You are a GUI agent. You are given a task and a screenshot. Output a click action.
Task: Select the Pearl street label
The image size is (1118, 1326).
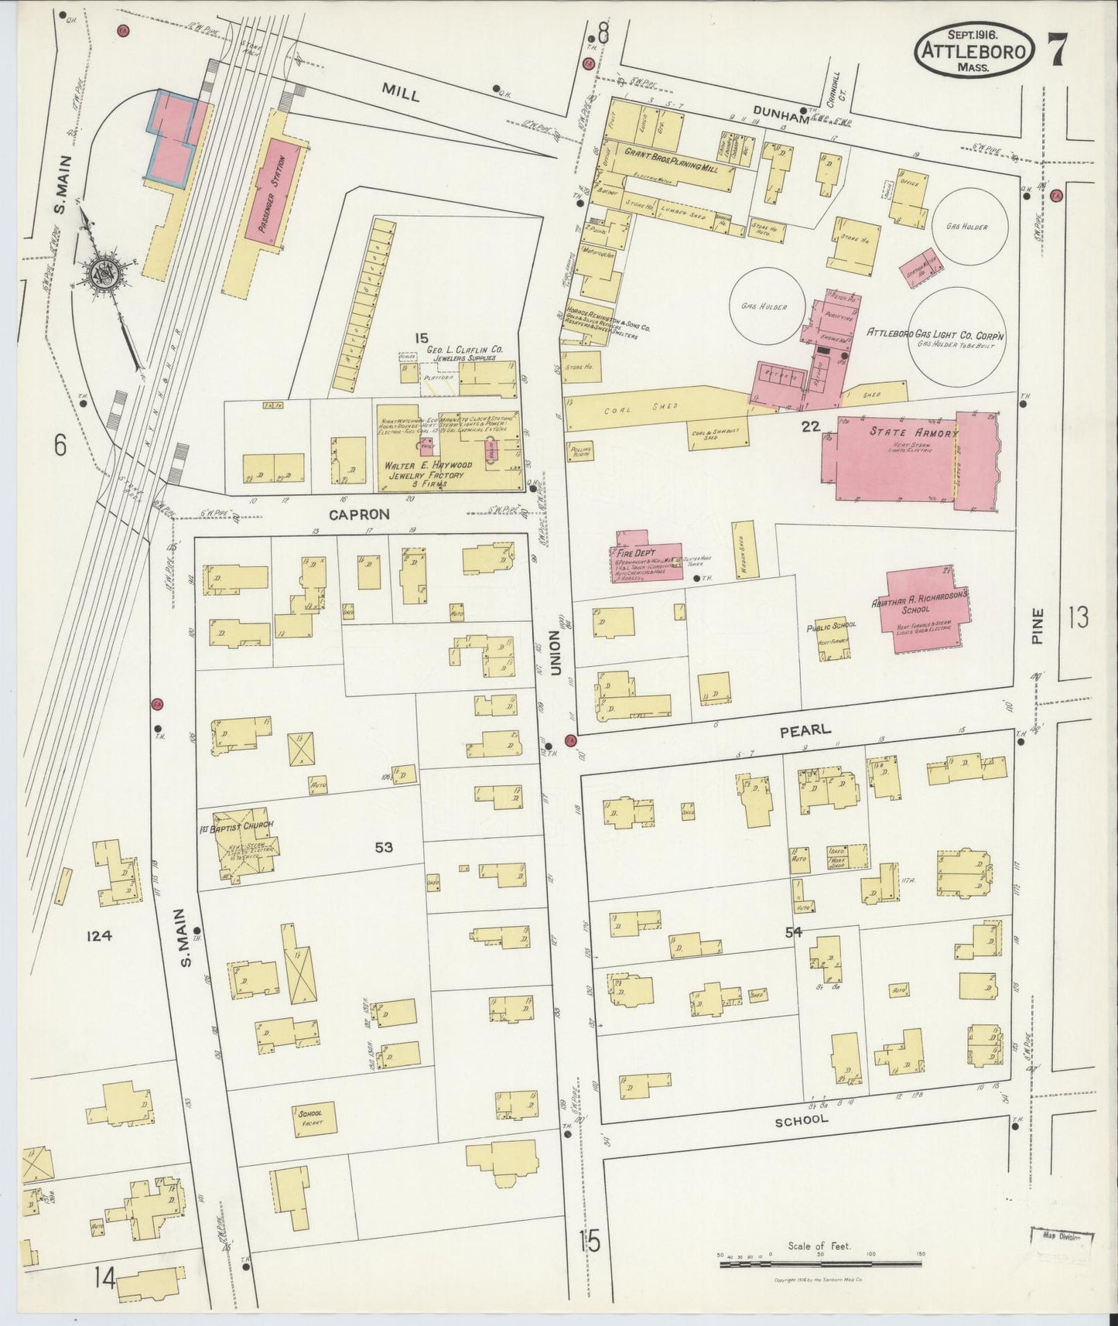point(811,730)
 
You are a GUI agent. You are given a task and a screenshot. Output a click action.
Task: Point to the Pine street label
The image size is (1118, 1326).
point(1038,626)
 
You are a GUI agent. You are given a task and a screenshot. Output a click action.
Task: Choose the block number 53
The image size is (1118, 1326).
point(384,847)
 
